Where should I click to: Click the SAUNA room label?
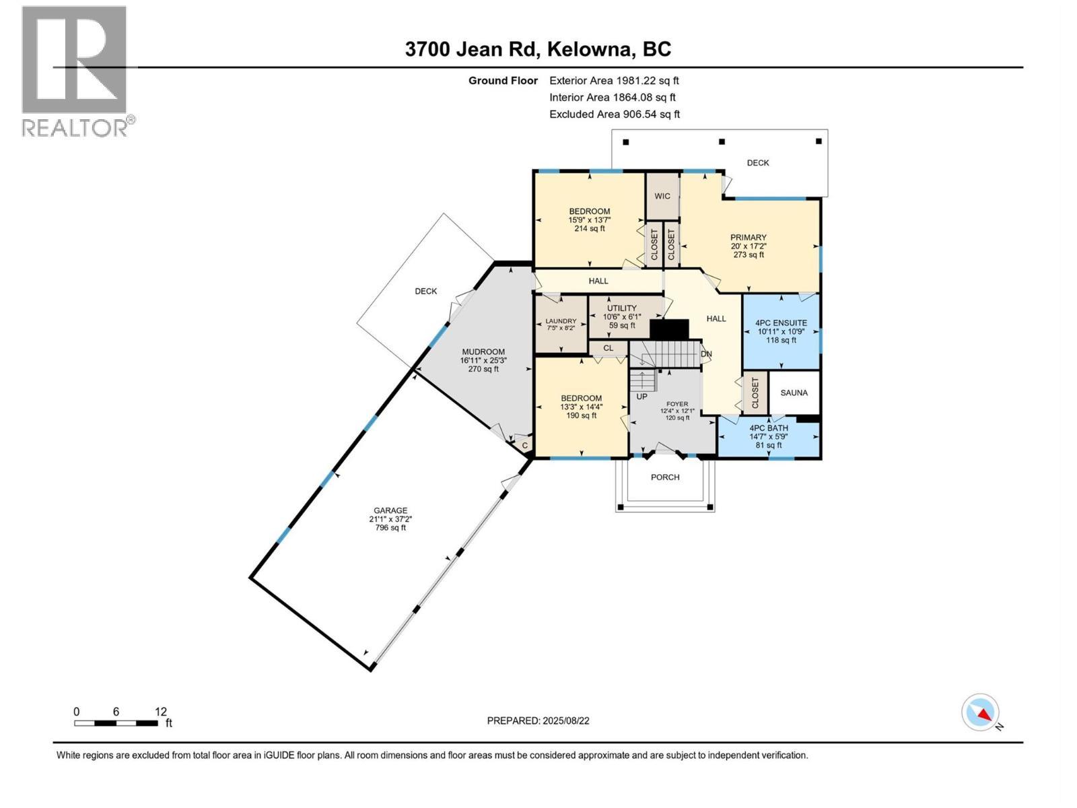(794, 393)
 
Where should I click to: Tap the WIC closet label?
(662, 196)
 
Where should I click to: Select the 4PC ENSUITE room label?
(781, 323)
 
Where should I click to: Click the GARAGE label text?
(390, 510)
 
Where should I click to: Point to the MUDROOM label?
(483, 351)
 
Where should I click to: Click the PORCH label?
(665, 477)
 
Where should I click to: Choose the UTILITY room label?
(621, 308)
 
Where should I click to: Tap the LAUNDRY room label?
(561, 321)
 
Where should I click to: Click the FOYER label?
(677, 404)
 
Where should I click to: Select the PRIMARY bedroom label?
(749, 238)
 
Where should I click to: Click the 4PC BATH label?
(769, 428)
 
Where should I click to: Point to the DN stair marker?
(706, 354)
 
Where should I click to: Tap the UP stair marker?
(641, 397)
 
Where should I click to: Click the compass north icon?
(981, 713)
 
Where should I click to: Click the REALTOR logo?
(75, 71)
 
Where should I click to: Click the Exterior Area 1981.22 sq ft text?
(614, 80)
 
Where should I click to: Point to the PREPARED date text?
(538, 720)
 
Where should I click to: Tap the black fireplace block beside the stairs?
(669, 329)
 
